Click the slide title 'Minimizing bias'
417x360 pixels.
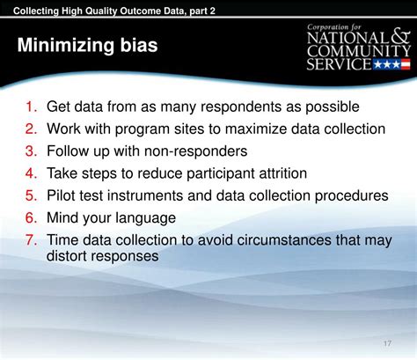pos(87,45)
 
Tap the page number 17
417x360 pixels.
pos(387,343)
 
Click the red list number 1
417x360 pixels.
pos(31,107)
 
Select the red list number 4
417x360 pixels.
pos(31,173)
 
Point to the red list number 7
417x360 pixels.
pos(31,239)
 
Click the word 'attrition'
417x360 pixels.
pos(283,173)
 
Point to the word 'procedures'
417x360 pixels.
pos(351,196)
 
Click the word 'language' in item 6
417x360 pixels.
pos(145,218)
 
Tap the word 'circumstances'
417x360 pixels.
pos(284,240)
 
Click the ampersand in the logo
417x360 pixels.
pos(400,37)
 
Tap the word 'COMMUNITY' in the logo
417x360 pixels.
pos(359,51)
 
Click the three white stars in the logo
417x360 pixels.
pos(387,64)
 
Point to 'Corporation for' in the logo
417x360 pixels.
pos(334,27)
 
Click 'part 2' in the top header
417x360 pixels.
pos(202,11)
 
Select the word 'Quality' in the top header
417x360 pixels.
pos(101,11)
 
